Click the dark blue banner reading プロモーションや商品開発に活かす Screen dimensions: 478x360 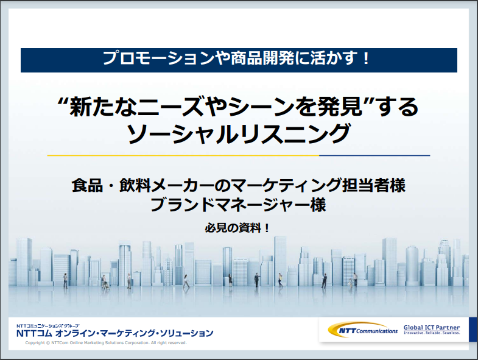239,60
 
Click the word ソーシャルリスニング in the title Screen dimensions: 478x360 238,133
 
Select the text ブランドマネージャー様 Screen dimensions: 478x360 238,205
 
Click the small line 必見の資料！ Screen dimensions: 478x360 237,228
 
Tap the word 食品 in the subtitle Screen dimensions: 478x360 87,185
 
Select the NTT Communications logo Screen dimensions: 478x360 363,330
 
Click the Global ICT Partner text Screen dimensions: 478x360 432,328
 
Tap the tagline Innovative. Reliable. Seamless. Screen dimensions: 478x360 432,333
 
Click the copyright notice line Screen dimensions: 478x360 106,342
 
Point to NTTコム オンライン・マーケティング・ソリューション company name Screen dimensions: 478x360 115,333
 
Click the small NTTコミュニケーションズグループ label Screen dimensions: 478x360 48,326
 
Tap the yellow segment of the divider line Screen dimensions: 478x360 183,155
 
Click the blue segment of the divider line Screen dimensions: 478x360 374,155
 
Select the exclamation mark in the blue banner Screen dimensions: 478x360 366,58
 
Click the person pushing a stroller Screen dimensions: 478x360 105,282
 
